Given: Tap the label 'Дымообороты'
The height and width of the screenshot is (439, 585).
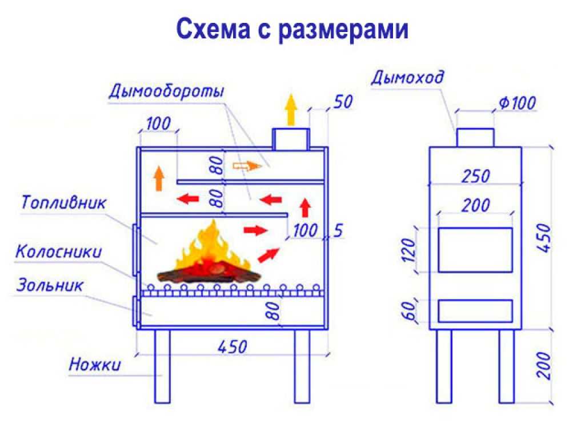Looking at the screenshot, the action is [166, 91].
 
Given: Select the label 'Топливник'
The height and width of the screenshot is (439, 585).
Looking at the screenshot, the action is [63, 202].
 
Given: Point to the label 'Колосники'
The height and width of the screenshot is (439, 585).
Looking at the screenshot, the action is [58, 252].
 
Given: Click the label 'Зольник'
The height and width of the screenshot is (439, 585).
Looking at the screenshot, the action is [50, 285].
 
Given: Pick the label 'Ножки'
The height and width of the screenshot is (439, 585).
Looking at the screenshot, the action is [95, 364].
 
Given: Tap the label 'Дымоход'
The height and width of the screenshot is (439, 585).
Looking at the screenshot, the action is [407, 77].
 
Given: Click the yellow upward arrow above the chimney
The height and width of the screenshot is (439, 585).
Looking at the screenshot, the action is [291, 110].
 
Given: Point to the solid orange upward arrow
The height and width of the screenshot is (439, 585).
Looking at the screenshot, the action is [159, 178].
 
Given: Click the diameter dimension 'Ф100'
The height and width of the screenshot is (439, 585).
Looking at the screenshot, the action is [517, 103].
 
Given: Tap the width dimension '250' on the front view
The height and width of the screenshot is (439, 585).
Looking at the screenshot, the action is [475, 176].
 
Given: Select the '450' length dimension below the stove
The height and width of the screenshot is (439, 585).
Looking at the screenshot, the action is [232, 347].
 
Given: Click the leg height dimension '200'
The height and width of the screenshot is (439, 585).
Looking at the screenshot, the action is [544, 365].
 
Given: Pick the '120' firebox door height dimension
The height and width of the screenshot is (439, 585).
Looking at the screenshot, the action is [409, 250].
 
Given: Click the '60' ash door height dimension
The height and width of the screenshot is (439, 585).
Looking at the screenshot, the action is [409, 310].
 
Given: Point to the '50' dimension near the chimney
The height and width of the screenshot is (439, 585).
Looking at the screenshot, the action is [343, 102].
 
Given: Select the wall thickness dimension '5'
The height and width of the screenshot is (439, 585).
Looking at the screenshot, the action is [338, 231].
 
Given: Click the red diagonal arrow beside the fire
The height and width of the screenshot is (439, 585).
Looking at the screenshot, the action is [269, 255].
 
